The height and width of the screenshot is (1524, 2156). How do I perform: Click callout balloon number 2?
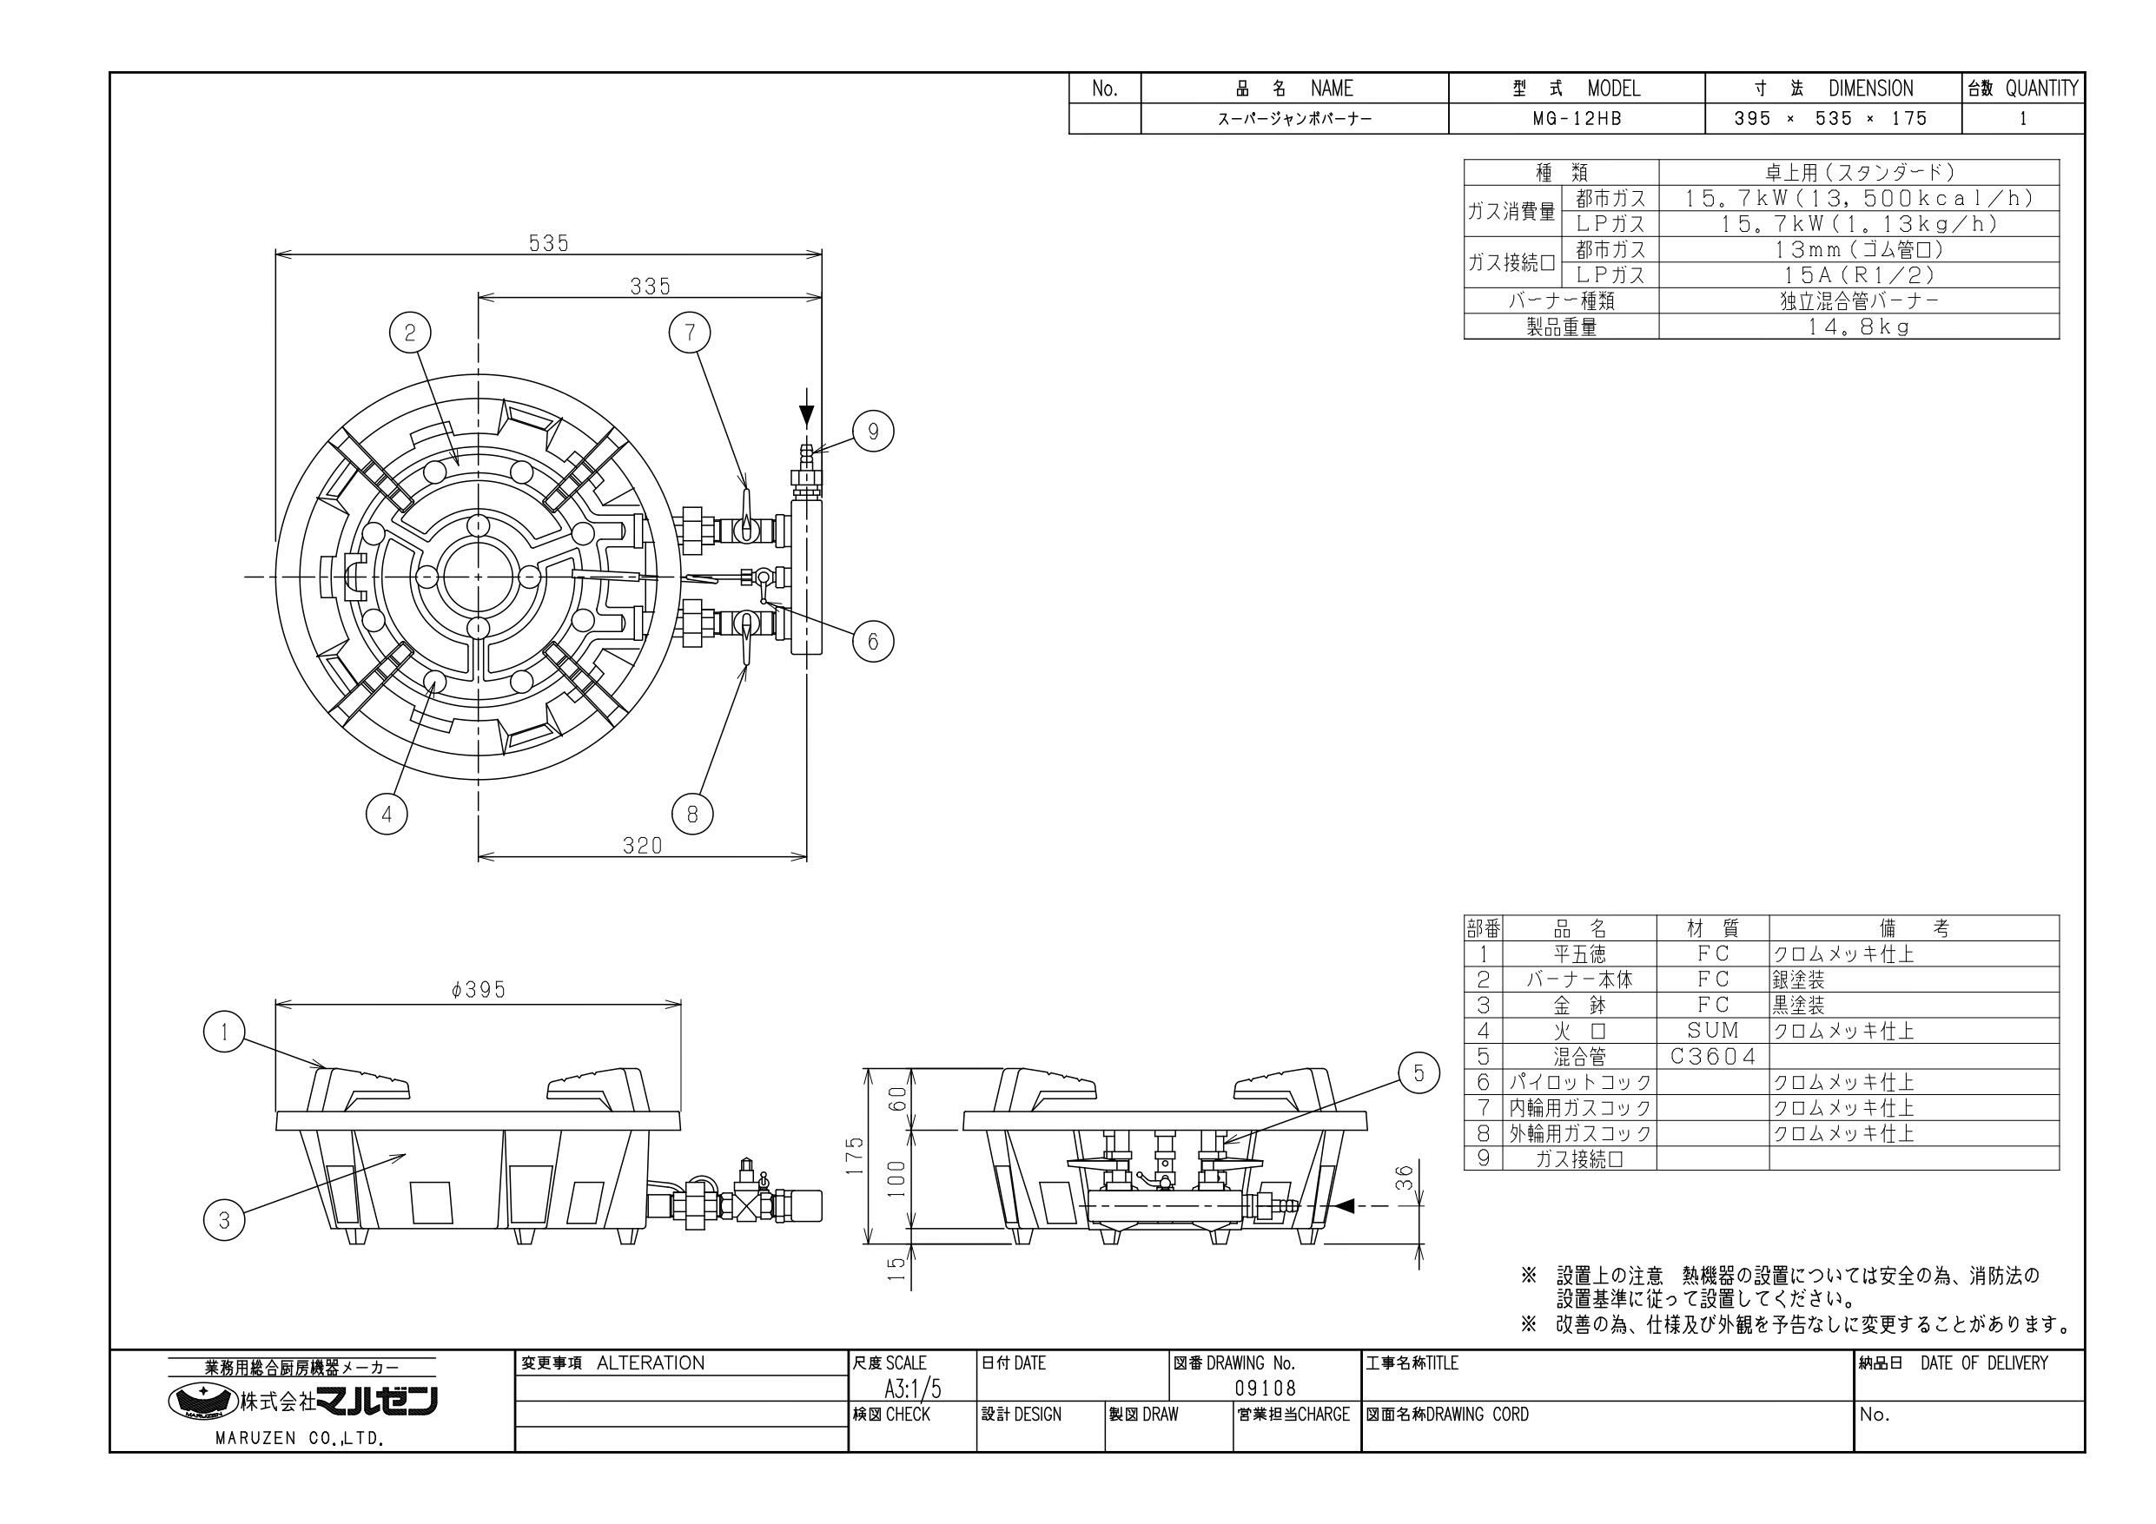tap(410, 332)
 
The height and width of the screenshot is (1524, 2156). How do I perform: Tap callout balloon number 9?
tap(872, 432)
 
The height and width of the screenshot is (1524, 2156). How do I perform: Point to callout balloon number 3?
tap(223, 1220)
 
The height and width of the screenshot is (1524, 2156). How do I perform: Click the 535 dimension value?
tap(548, 242)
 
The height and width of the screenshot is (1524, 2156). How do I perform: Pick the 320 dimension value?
tap(642, 845)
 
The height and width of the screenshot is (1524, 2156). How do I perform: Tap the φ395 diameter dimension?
tap(478, 990)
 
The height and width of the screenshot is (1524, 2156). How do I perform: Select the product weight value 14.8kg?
tap(1859, 327)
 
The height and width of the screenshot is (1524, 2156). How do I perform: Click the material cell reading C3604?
tap(1713, 1056)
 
